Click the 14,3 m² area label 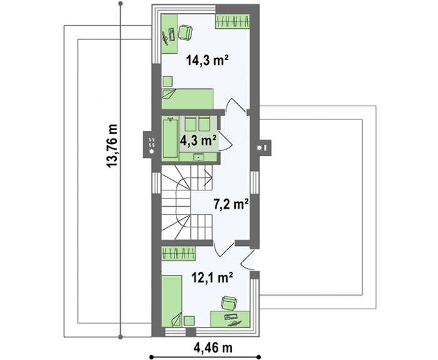(x=208, y=60)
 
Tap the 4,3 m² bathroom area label (x=198, y=140)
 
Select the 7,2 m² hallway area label (x=232, y=204)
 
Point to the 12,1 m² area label (x=212, y=277)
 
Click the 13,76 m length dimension (x=112, y=146)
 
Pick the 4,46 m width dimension (x=213, y=348)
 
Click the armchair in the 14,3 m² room (x=185, y=32)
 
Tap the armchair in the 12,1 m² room (x=229, y=303)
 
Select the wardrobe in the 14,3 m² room (x=232, y=21)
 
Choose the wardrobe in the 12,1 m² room (x=178, y=254)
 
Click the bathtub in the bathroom (x=170, y=138)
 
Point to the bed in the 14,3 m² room (x=188, y=99)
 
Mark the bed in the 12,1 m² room (x=172, y=301)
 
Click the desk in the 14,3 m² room (x=170, y=34)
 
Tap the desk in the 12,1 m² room (x=230, y=319)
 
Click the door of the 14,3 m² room (x=236, y=105)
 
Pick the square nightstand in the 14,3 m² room (x=168, y=81)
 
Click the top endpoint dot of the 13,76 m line (x=120, y=4)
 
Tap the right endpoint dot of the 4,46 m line (x=258, y=357)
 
